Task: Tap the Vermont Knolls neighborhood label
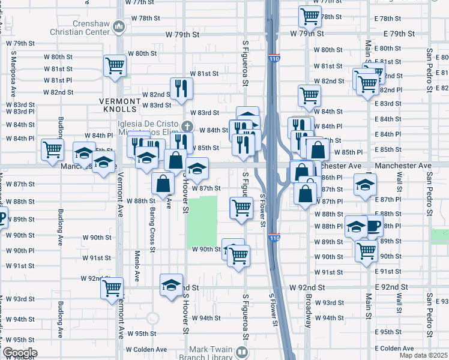[121, 102]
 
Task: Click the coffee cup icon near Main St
[373, 226]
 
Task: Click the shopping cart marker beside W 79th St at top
[310, 16]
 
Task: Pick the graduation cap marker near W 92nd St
[172, 284]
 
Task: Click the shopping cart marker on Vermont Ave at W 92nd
[112, 289]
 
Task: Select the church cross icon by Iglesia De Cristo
[187, 126]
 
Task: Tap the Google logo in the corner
[19, 353]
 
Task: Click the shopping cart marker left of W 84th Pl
[52, 149]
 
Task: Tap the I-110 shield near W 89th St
[273, 238]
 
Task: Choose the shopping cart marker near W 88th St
[241, 208]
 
